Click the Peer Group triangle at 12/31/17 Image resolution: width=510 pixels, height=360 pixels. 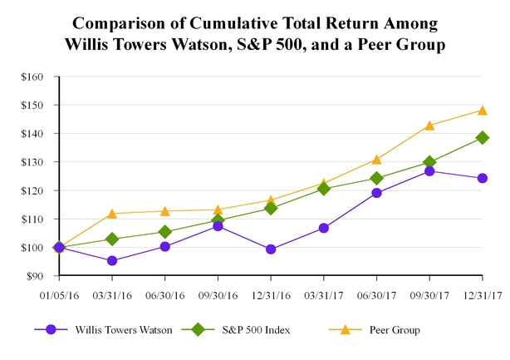[x=483, y=110]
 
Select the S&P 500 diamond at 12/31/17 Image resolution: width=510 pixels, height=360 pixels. [x=483, y=138]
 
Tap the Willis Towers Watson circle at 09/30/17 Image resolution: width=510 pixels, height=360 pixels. [x=429, y=171]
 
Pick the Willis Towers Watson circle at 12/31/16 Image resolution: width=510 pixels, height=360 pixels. [x=271, y=249]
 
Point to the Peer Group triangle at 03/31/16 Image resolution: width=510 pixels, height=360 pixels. [x=112, y=214]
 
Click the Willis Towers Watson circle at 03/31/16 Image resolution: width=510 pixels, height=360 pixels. [x=112, y=261]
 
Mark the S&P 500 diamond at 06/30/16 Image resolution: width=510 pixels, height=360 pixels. [x=165, y=232]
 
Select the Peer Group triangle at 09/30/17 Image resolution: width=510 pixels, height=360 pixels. [x=429, y=126]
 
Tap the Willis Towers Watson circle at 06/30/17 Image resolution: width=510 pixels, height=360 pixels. [x=376, y=193]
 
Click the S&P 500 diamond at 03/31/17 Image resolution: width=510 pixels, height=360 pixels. [x=324, y=189]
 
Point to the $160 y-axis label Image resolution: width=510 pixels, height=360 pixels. [x=37, y=76]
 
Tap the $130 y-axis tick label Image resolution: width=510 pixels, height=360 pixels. [x=37, y=162]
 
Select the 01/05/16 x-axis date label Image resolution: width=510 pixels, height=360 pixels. [x=59, y=295]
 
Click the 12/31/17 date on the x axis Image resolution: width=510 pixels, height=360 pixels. [x=483, y=295]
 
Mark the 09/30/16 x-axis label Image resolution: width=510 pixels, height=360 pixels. [x=218, y=295]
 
